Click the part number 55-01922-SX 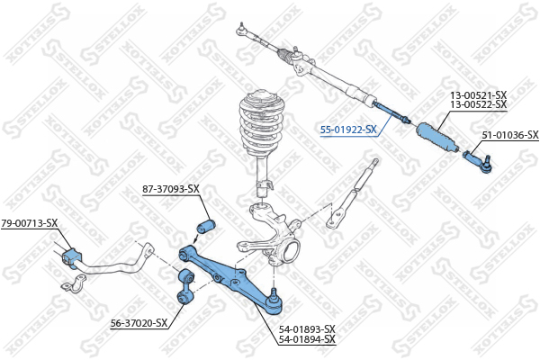(348, 130)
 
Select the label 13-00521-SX (479, 95)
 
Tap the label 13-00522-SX (479, 104)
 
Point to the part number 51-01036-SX (510, 135)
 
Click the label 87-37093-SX (171, 189)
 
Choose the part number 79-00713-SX (30, 223)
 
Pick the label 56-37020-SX (139, 323)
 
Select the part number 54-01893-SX (307, 329)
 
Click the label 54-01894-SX (307, 339)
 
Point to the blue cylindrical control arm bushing (205, 225)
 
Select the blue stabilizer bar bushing (72, 257)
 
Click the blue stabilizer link (185, 286)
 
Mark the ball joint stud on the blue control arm (274, 293)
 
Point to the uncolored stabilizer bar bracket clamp (74, 283)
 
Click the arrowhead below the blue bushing (195, 240)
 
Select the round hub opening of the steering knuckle (290, 251)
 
